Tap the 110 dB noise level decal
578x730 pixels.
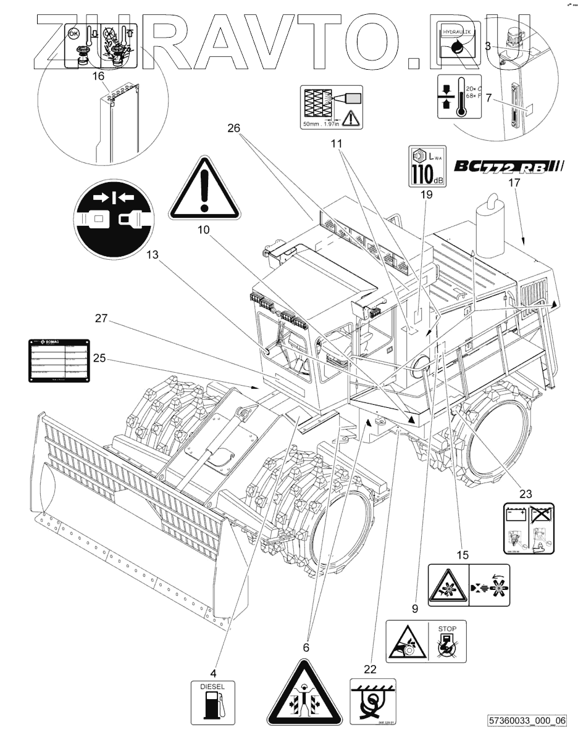click(x=425, y=166)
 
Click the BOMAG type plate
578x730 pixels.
click(x=57, y=360)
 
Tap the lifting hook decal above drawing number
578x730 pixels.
click(x=373, y=701)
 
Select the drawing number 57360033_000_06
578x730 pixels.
click(x=527, y=720)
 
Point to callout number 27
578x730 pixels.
click(x=103, y=318)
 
